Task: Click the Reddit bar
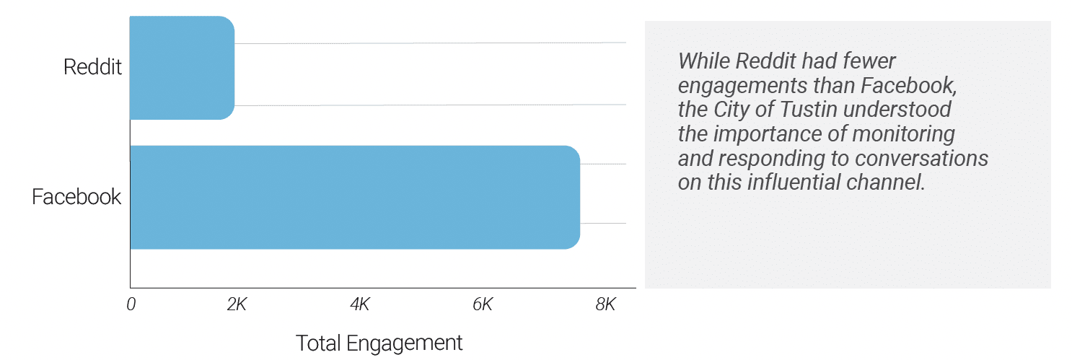pyautogui.click(x=182, y=67)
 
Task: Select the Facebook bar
pyautogui.click(x=354, y=197)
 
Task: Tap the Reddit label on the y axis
pyautogui.click(x=93, y=67)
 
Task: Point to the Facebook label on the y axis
pyautogui.click(x=76, y=197)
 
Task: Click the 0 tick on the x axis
pyautogui.click(x=131, y=304)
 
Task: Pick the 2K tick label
pyautogui.click(x=237, y=304)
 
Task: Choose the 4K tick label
pyautogui.click(x=359, y=304)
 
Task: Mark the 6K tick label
pyautogui.click(x=482, y=304)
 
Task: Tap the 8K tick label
pyautogui.click(x=605, y=304)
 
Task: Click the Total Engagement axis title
pyautogui.click(x=379, y=343)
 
